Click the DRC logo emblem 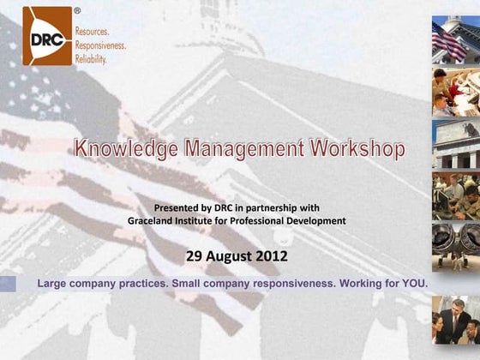(x=46, y=36)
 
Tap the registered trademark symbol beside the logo (x=77, y=11)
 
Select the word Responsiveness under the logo (x=100, y=45)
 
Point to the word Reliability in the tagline (x=91, y=59)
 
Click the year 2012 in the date (x=273, y=255)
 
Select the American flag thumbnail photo (x=455, y=39)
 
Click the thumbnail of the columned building (x=455, y=143)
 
